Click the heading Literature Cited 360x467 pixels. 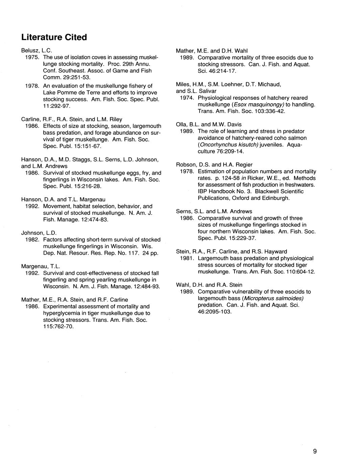point(54,37)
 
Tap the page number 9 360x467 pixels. point(315,451)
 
